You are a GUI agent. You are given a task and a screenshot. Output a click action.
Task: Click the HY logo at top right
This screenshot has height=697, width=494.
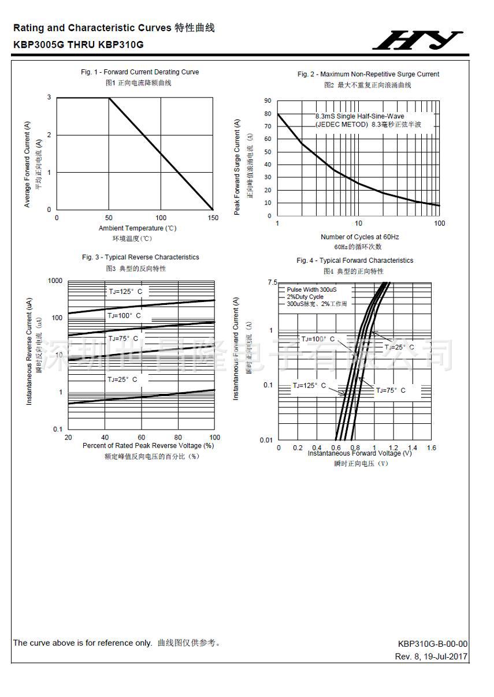click(417, 40)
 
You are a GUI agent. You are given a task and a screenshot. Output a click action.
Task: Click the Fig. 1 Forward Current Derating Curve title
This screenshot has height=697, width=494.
click(140, 72)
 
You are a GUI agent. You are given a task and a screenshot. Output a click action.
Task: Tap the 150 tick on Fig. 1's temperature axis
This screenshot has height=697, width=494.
click(213, 218)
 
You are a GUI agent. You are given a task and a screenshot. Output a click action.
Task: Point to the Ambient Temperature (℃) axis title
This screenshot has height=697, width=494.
click(138, 228)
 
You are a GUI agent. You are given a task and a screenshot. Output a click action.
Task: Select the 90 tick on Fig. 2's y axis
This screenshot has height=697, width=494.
click(268, 100)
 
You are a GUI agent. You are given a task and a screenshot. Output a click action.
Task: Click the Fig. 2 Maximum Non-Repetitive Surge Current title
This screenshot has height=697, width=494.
click(368, 74)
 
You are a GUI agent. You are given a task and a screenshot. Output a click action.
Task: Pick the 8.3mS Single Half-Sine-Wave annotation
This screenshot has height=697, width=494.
click(359, 116)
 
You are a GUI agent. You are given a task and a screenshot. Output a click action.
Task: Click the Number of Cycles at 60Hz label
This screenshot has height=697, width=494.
click(359, 237)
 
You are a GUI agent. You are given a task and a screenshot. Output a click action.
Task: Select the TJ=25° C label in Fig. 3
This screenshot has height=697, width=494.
click(122, 379)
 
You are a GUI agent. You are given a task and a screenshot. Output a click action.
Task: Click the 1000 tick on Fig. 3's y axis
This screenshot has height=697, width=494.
click(55, 281)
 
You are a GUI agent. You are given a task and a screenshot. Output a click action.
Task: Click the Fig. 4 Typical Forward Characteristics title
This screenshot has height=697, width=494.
click(355, 260)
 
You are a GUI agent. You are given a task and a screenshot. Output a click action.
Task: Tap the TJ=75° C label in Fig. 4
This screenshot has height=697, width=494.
click(391, 390)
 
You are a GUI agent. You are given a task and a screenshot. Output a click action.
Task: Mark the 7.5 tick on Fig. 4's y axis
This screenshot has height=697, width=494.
click(272, 282)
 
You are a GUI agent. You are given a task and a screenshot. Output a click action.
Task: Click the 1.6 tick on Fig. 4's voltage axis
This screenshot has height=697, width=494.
click(431, 448)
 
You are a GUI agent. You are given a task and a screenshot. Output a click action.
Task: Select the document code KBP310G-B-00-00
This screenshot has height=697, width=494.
click(432, 644)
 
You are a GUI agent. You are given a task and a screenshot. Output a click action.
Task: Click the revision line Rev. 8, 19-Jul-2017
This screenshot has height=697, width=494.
click(431, 657)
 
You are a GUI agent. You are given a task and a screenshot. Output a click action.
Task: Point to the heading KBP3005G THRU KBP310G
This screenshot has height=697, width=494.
click(79, 44)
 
